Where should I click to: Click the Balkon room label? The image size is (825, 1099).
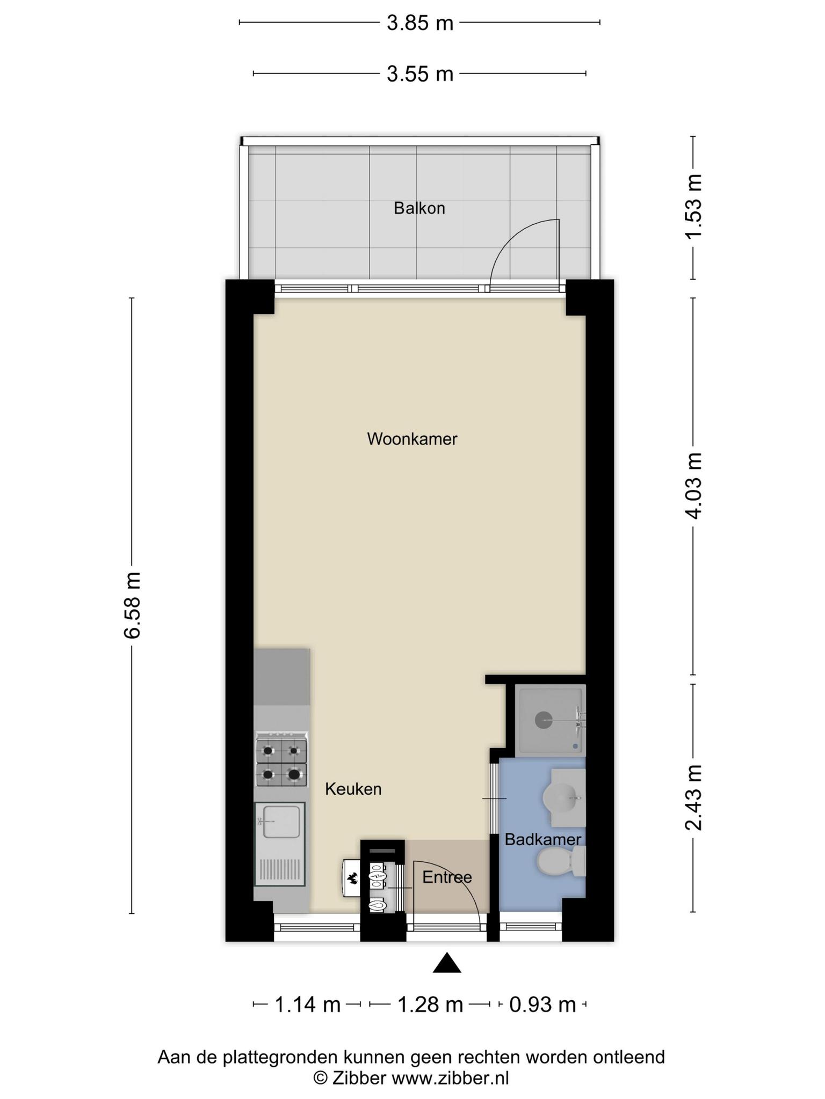(419, 208)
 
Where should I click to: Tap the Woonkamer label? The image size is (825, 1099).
(412, 439)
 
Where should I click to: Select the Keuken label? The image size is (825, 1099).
(353, 789)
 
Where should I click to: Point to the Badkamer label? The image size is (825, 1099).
(543, 840)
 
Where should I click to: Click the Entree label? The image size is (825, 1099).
(447, 877)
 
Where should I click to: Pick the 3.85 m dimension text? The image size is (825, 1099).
(420, 23)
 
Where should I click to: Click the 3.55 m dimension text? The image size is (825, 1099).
(420, 74)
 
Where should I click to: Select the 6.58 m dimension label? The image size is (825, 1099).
(133, 605)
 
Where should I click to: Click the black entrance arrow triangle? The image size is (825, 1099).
(447, 963)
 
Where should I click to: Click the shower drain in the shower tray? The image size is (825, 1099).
(544, 720)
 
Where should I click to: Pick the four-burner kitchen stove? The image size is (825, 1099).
(282, 759)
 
